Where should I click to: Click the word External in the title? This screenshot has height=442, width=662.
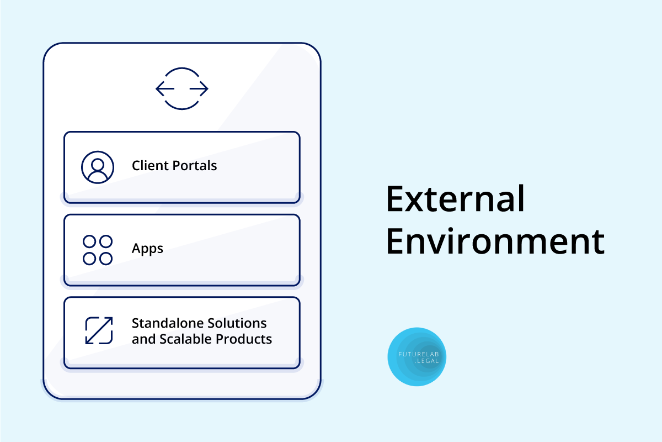coord(456,198)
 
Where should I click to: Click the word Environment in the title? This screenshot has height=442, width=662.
coord(495,241)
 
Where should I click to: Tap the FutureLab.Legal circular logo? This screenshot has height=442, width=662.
coord(417,357)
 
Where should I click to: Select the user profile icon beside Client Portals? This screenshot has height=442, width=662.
coord(98,167)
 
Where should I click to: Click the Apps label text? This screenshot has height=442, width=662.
coord(147,249)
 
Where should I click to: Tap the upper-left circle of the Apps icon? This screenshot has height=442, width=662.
coord(89,241)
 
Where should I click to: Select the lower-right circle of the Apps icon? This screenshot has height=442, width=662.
coord(106,259)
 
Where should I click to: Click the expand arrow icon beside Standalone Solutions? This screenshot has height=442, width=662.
coord(99,331)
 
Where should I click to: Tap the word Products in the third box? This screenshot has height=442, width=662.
coord(243,339)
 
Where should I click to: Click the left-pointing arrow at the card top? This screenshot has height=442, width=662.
coord(165,88)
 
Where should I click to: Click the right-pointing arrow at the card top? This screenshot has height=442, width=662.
coord(199,88)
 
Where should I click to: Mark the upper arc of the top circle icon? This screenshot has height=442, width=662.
coord(182,69)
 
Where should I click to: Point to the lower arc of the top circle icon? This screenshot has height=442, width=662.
coord(182,109)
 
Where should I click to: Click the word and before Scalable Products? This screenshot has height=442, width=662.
coord(143,339)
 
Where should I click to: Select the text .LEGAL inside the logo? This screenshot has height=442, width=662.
coord(427,361)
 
